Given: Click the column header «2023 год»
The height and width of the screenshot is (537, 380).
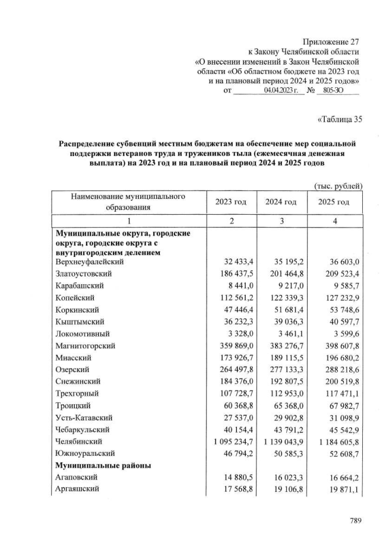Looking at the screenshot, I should coord(231,202).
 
